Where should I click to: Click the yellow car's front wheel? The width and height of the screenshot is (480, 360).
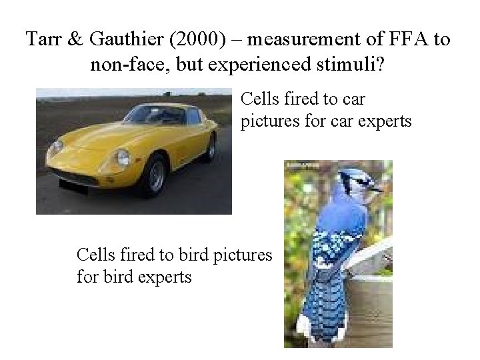tap(156, 175)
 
